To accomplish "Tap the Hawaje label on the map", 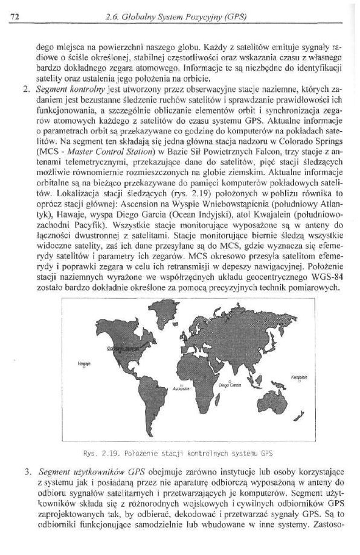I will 83,364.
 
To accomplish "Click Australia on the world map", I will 275,399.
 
